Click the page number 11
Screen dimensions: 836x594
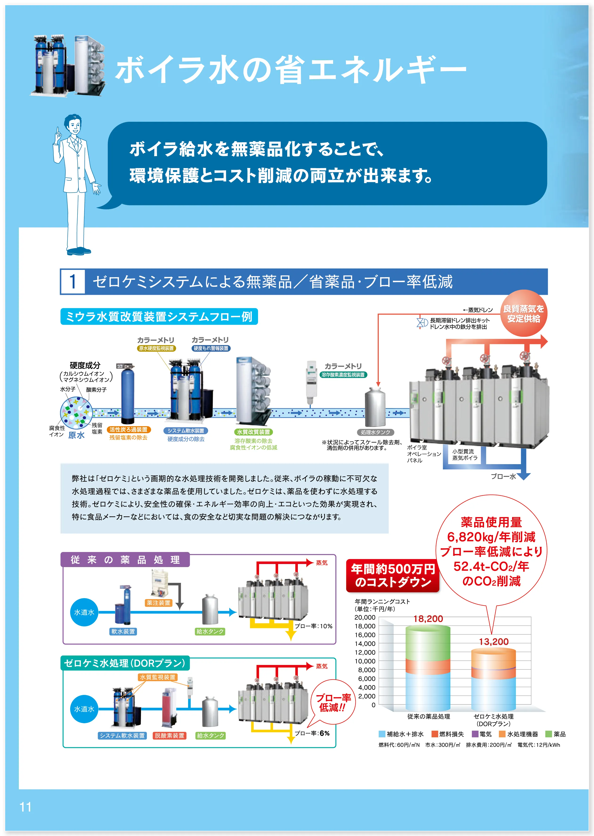tap(25, 807)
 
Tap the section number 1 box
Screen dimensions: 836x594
tap(73, 282)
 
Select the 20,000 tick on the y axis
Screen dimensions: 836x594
tap(365, 617)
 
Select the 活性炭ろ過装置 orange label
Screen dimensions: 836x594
tap(128, 430)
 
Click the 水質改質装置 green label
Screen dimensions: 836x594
tap(254, 432)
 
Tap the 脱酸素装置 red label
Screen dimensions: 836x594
tap(169, 735)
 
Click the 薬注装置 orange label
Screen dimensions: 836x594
tap(158, 603)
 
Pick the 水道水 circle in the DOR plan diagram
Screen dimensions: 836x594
tap(84, 709)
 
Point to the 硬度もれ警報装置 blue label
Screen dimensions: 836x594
tap(211, 348)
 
